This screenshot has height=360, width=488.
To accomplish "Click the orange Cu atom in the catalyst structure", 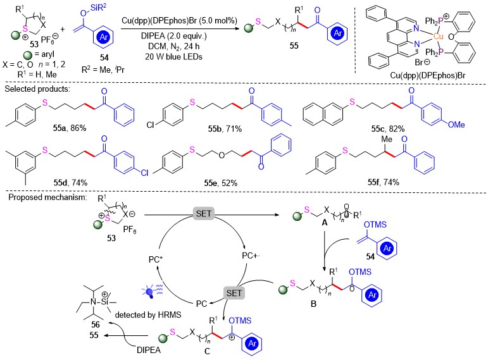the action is (438, 37).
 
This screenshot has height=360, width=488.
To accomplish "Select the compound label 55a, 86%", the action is (70, 128).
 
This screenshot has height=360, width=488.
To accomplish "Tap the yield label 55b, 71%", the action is (225, 128).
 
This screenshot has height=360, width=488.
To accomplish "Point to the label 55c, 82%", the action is (388, 128).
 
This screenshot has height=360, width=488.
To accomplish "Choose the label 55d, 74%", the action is (70, 182).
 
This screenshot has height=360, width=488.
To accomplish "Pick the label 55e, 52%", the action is (221, 183).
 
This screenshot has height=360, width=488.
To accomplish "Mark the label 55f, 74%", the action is (384, 182).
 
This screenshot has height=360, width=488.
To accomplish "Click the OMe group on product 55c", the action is (456, 125).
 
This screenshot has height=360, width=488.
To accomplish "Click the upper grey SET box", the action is (204, 213).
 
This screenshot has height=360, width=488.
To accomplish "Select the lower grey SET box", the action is (234, 293).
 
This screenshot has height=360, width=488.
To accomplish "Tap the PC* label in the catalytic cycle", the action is (156, 259).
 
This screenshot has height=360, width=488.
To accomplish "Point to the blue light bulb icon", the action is (151, 292).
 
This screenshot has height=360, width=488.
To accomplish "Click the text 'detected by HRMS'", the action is (148, 315).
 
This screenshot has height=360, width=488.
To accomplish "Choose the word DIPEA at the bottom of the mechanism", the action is (149, 350).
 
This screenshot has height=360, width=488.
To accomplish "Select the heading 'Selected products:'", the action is (37, 89).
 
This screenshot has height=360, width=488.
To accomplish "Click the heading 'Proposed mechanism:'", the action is (47, 197).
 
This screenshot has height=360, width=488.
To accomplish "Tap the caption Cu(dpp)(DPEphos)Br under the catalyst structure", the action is (428, 75).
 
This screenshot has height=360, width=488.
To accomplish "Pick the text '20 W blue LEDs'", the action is (173, 57).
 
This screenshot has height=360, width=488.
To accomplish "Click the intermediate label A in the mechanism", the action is (325, 223).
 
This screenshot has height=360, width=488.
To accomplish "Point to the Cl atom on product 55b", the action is (151, 125).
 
